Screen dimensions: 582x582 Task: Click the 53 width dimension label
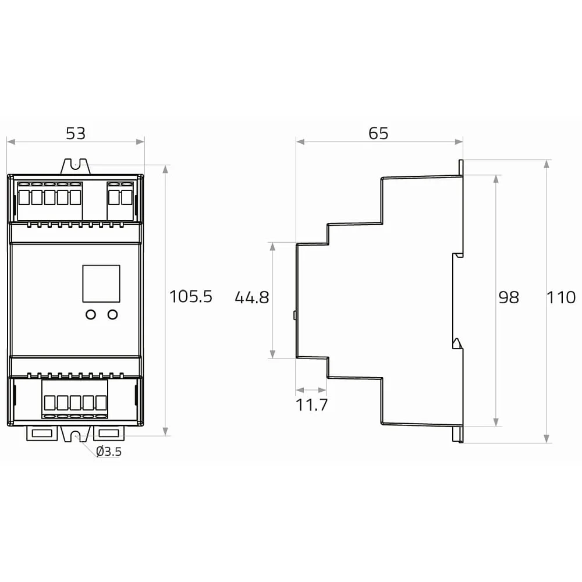coord(76,133)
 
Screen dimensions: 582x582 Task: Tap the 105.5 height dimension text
coord(191,297)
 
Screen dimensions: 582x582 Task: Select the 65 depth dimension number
coord(379,133)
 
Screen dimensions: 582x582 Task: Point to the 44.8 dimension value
coord(252,297)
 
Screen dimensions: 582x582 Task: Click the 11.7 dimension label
coord(312,405)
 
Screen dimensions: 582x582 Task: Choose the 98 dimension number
coord(509,297)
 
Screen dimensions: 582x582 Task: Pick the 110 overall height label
coord(561,297)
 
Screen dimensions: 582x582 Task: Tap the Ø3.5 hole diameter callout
coord(109,452)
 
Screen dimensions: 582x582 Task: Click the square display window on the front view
coord(101,283)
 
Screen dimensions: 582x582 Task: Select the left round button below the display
coord(91,314)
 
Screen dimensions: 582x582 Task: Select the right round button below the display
coord(112,314)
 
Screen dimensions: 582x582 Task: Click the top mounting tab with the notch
coord(75,166)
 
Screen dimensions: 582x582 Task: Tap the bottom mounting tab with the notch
coord(76,434)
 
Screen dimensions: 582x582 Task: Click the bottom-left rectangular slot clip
coord(42,433)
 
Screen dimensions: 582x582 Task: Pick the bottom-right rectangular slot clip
coord(109,433)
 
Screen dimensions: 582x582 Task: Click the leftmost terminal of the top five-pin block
coord(24,197)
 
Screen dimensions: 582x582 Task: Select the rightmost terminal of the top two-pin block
coord(126,197)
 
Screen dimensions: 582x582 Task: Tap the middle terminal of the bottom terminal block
coord(75,403)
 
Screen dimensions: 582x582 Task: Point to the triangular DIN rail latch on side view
coord(457,343)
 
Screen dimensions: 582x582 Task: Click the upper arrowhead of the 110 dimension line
coord(546,164)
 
